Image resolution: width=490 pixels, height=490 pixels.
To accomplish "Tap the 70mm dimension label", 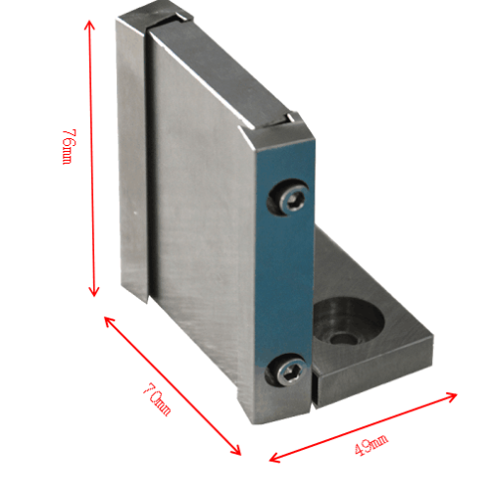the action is (x=157, y=399).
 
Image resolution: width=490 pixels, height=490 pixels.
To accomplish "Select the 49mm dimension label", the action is (x=371, y=445).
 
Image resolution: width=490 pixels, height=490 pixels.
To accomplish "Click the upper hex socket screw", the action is (x=292, y=200).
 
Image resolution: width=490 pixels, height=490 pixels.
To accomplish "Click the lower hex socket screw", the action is (x=290, y=372).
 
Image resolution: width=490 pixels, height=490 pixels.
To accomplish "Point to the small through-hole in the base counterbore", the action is (x=342, y=339).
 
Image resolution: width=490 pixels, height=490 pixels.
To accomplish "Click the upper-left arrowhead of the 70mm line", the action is (x=109, y=321).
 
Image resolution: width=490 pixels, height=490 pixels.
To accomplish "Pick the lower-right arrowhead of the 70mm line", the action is (x=236, y=450).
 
